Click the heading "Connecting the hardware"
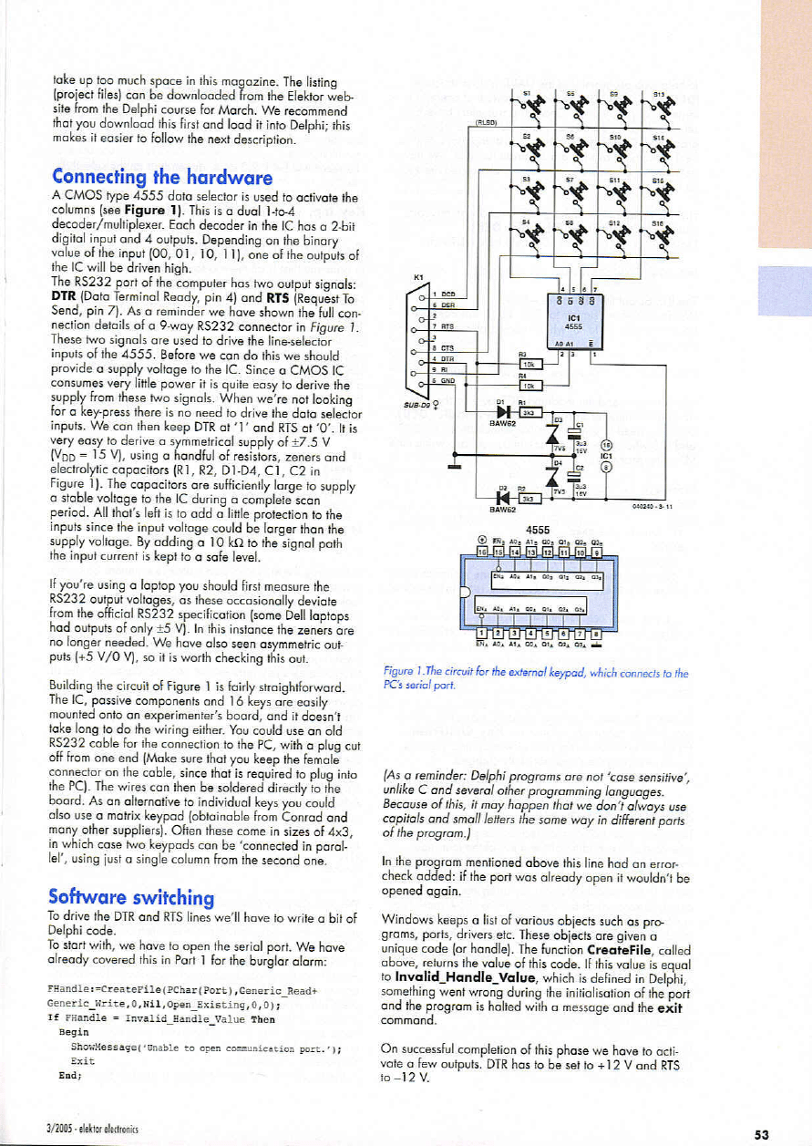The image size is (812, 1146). pyautogui.click(x=163, y=176)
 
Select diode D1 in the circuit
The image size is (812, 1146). pyautogui.click(x=499, y=410)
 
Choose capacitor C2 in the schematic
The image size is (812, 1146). pyautogui.click(x=575, y=473)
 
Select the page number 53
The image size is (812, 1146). pyautogui.click(x=761, y=1133)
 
